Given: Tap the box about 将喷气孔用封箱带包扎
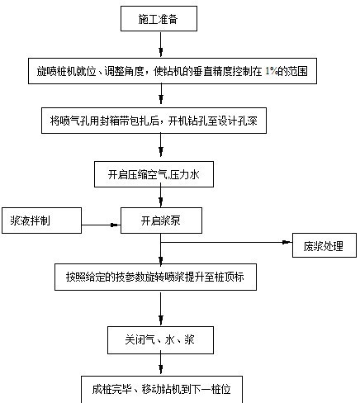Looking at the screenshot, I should tap(163, 120).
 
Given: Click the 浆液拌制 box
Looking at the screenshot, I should tap(42, 220).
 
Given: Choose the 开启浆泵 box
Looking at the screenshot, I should tap(160, 220).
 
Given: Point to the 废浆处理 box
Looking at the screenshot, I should tap(324, 246).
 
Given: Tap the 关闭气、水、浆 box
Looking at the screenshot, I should tap(162, 339).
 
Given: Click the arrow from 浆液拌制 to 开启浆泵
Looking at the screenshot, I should tap(102, 221).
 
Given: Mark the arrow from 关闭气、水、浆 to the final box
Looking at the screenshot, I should tap(162, 363).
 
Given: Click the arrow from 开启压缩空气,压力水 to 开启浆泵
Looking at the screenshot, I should tap(162, 197).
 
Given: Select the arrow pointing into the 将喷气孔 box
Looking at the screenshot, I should tap(162, 96).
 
